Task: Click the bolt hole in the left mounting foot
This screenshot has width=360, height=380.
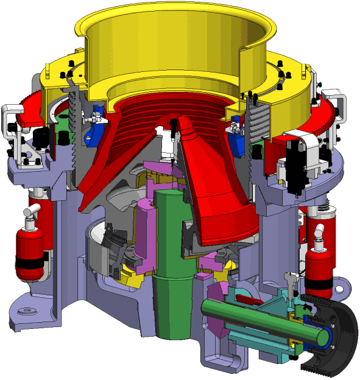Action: coord(26,312)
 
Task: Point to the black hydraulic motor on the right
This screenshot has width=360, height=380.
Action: coord(298,161)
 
